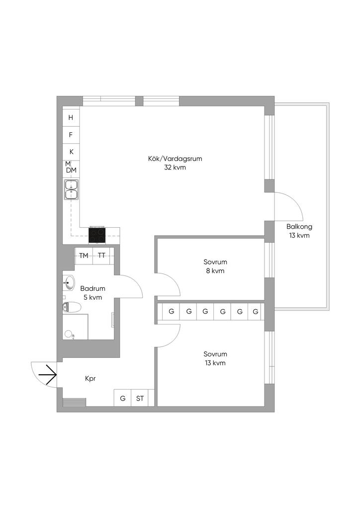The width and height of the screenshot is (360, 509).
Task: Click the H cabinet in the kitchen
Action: tap(71, 118)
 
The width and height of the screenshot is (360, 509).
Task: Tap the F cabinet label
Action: tap(71, 135)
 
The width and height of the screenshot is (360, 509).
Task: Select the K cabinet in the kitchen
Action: tap(71, 152)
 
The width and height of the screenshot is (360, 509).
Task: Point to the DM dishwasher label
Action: tap(72, 170)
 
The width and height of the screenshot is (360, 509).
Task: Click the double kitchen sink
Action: tap(71, 189)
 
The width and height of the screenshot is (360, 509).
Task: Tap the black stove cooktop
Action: tap(97, 235)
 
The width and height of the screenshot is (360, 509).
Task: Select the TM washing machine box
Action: tap(84, 255)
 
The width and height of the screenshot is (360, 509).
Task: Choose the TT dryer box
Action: tap(101, 255)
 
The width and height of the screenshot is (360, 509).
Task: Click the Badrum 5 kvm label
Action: tap(92, 293)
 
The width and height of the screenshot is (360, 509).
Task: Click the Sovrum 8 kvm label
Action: tap(215, 266)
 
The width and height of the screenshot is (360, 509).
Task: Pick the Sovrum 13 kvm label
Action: tap(215, 358)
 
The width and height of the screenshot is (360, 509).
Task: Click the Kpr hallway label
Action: tap(90, 378)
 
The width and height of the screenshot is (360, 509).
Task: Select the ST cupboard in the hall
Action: tap(140, 398)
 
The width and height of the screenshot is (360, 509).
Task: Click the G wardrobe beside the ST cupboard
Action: tap(122, 398)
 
